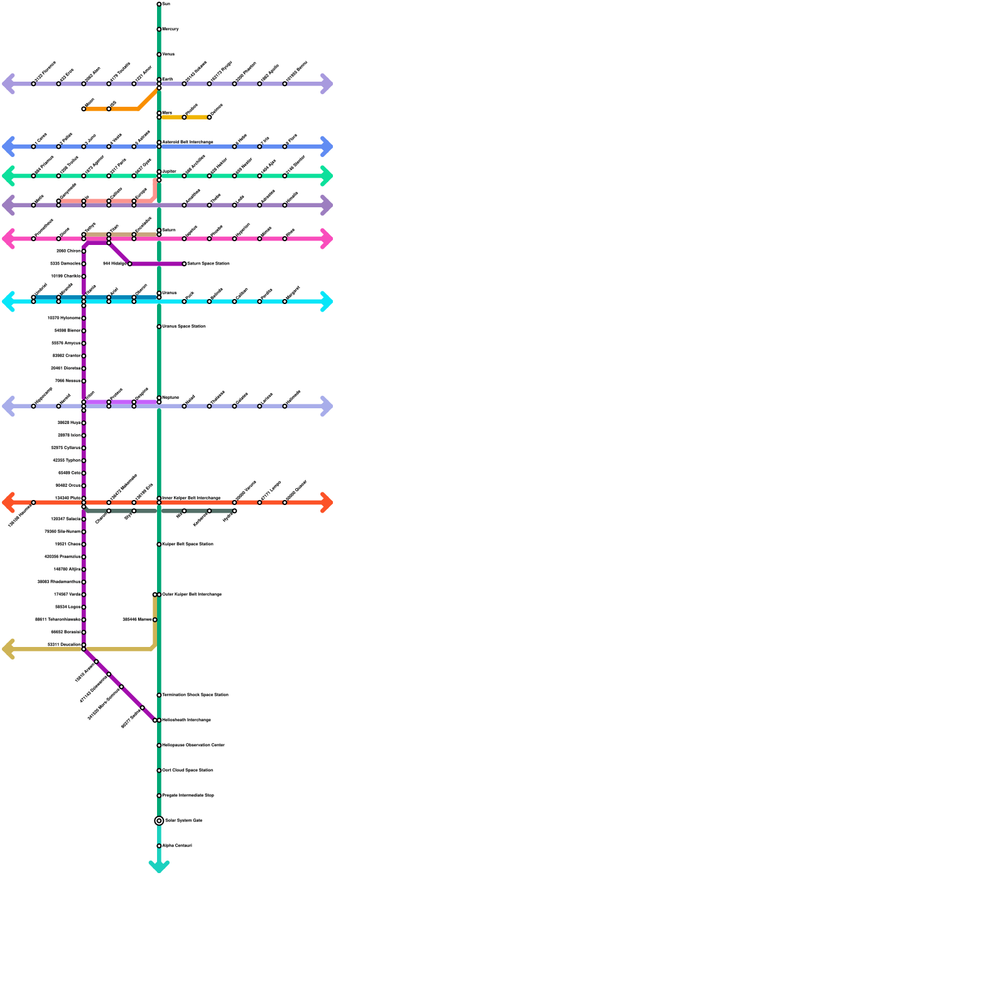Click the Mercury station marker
159,30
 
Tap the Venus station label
168,55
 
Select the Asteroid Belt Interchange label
188,143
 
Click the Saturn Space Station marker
184,264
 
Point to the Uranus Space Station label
183,327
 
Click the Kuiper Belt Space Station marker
159,545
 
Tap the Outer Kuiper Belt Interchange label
192,595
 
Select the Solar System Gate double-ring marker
159,820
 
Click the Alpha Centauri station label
177,846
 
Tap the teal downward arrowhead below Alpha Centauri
159,867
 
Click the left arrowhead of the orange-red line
8,503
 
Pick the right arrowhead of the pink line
327,239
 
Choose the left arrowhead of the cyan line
8,301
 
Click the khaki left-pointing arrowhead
8,649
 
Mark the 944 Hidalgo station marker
130,264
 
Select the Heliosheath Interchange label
187,720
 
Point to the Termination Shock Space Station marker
159,695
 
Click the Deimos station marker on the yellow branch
209,117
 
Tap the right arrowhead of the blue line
327,146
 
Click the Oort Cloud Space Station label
187,771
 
